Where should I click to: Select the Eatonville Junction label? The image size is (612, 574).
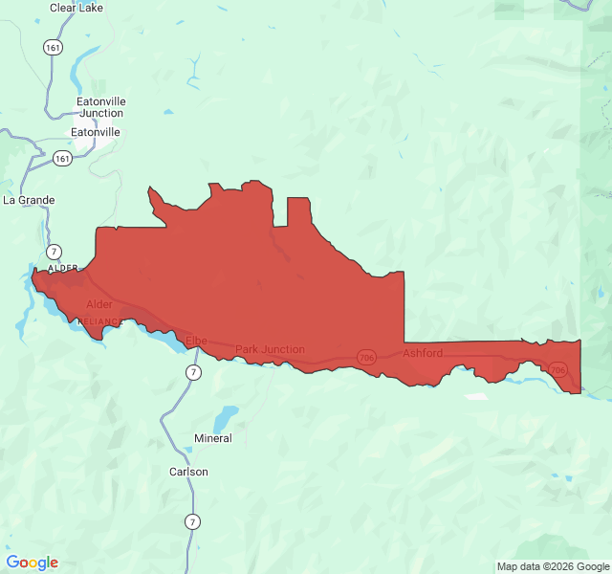(101, 107)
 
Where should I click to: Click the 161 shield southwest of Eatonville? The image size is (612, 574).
(62, 158)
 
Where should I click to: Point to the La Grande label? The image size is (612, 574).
(29, 200)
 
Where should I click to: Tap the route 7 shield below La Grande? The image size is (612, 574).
(55, 251)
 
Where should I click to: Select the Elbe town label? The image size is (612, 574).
(196, 341)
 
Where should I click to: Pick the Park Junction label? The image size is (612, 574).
(270, 349)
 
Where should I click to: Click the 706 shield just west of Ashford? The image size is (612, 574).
(367, 357)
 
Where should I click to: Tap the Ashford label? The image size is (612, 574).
(422, 353)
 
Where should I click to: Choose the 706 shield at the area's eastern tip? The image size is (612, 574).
(558, 369)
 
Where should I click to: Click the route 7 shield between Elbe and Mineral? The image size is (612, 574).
(194, 372)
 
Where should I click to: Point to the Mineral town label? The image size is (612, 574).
(212, 438)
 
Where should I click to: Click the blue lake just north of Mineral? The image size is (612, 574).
(226, 418)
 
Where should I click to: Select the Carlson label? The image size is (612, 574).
(188, 472)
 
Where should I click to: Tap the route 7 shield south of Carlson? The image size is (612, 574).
(194, 521)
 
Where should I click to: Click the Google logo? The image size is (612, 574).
(33, 563)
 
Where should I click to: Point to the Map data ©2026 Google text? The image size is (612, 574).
(552, 566)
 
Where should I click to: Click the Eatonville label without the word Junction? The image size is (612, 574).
(96, 132)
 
